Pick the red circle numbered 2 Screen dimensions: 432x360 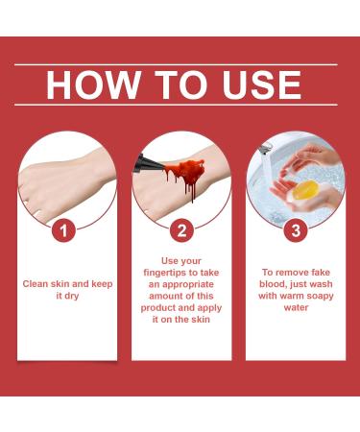click(180, 230)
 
